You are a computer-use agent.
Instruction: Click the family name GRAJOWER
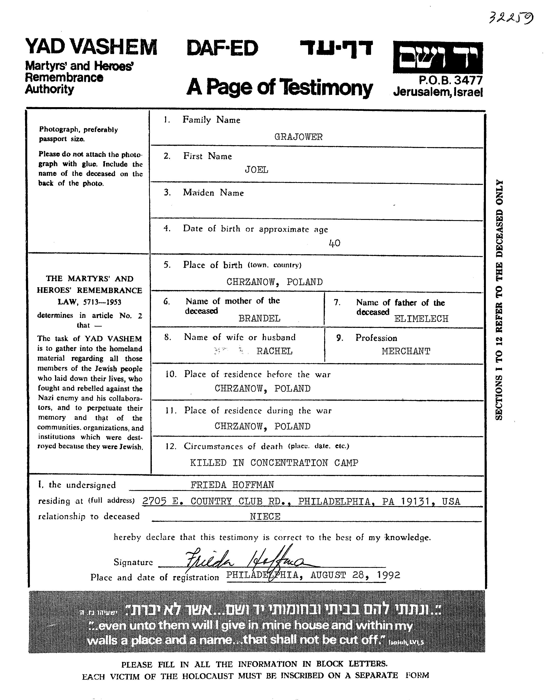(298, 137)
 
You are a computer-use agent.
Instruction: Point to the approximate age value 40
(335, 244)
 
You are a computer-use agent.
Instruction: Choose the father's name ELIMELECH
(421, 319)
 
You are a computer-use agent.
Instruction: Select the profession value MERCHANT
(406, 352)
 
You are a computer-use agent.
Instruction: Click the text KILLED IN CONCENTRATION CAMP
(274, 463)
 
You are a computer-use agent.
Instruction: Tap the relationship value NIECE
(265, 517)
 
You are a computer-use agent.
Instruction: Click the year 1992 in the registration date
(389, 575)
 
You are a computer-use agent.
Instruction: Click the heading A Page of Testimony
(279, 87)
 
